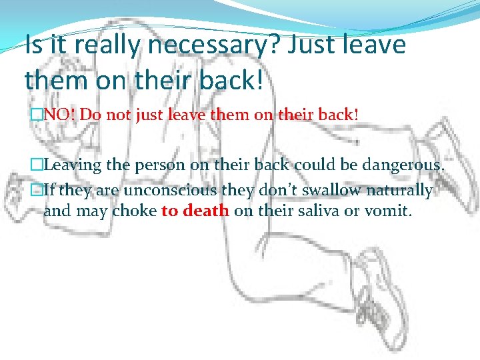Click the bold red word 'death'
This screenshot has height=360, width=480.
tap(206, 211)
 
